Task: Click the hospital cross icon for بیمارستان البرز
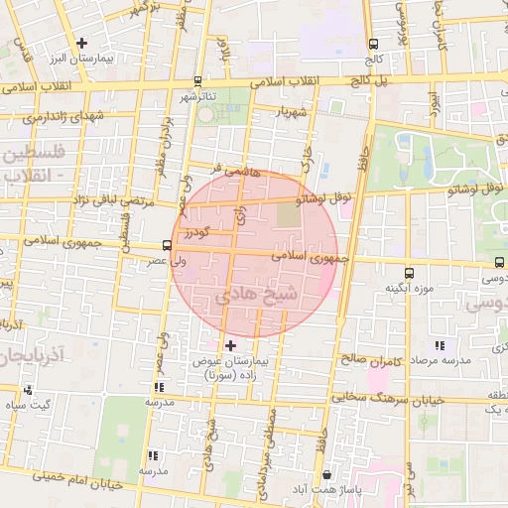coord(81,44)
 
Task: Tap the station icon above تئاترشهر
coord(197,81)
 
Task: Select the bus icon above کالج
coord(373,44)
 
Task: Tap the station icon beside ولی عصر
coord(167,245)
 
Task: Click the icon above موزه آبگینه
coord(409,273)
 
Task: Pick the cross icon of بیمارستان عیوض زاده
coord(231,345)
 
